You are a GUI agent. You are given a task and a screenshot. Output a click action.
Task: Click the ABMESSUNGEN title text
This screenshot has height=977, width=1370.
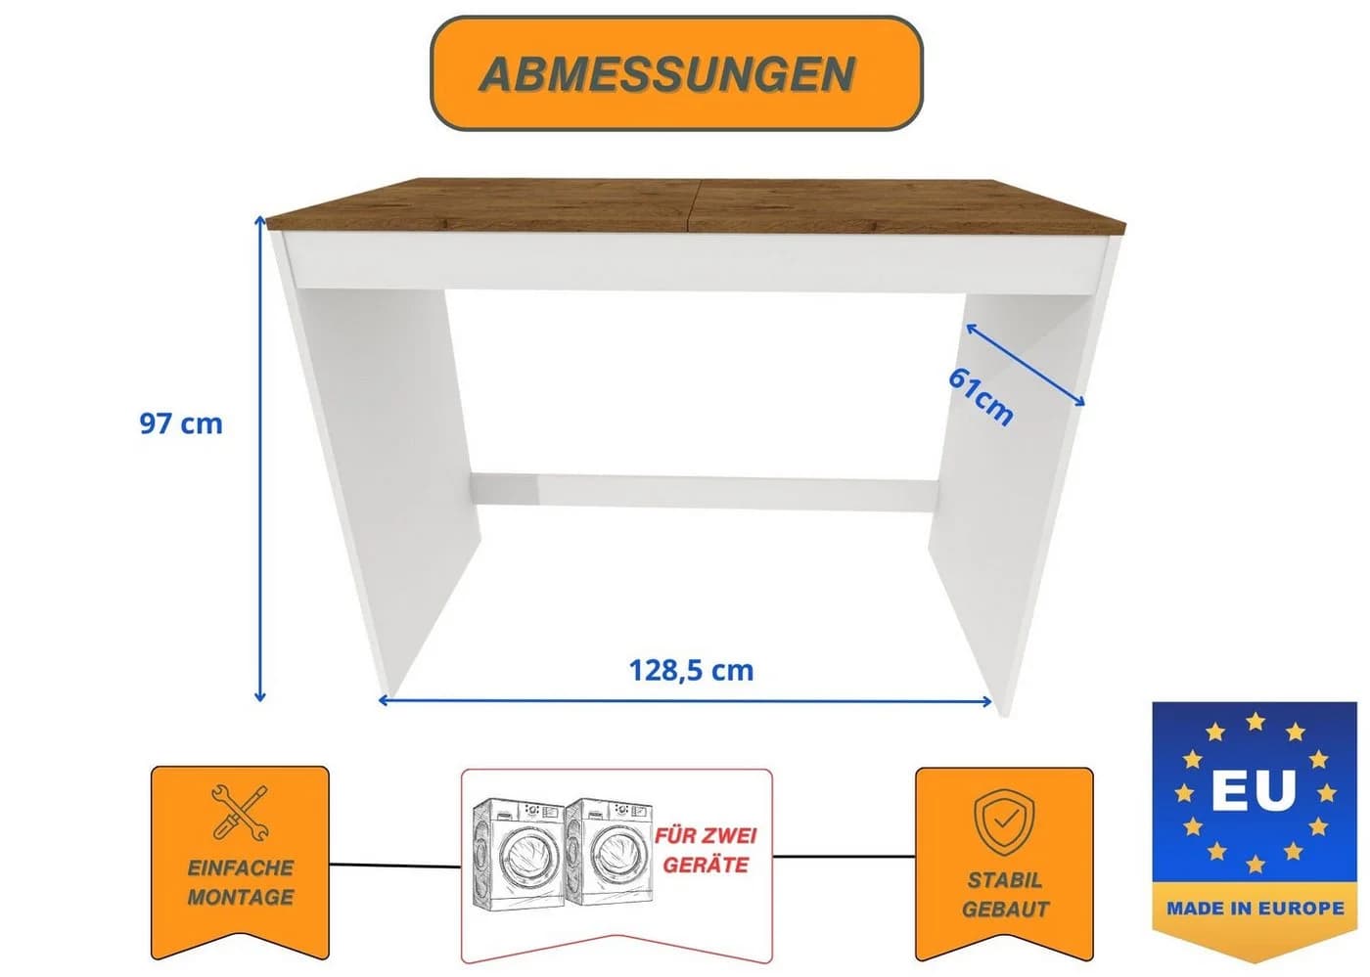pos(666,74)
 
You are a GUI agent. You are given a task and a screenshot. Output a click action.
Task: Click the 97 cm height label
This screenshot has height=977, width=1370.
pos(181,423)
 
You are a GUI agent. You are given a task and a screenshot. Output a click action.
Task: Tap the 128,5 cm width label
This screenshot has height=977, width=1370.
pos(691,670)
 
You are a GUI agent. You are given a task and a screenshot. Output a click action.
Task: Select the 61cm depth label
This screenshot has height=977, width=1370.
pos(981,396)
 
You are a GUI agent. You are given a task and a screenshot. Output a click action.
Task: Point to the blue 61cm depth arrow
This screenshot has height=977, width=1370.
pos(1026,365)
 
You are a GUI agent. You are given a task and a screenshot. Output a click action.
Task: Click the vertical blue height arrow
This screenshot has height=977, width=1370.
pos(260,459)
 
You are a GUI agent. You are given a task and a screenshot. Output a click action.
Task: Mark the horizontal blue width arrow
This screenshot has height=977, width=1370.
pos(685,700)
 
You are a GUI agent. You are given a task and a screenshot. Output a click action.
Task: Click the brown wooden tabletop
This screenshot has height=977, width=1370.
pos(696,205)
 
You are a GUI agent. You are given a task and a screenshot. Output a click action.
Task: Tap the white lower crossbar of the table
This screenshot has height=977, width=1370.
pos(704,490)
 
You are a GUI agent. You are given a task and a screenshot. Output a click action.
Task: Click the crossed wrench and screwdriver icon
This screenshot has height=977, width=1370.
pos(241,812)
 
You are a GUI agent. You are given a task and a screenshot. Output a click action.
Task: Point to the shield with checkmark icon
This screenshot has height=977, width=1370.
pos(1004,822)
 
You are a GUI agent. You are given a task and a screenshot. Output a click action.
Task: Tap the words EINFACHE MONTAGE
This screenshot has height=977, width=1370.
pos(241,882)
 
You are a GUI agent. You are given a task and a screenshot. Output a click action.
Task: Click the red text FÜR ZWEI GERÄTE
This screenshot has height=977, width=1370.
pos(706,851)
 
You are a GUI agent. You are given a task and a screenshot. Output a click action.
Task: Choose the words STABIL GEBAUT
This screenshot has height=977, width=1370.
pos(1005,895)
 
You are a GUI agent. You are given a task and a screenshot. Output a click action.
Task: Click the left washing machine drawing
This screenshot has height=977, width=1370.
pos(519,855)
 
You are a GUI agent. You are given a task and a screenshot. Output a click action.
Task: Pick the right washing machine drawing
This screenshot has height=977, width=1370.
pos(609,852)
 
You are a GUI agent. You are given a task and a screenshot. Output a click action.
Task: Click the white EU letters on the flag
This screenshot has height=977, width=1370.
pos(1254,790)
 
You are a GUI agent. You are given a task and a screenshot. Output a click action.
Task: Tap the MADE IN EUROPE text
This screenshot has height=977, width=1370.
pos(1255,908)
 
